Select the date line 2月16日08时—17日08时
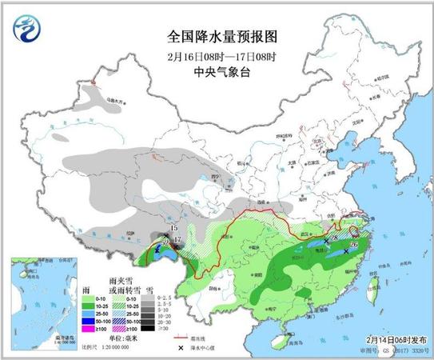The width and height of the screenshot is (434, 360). (217, 56)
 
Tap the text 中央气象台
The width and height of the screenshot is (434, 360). (217, 72)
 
